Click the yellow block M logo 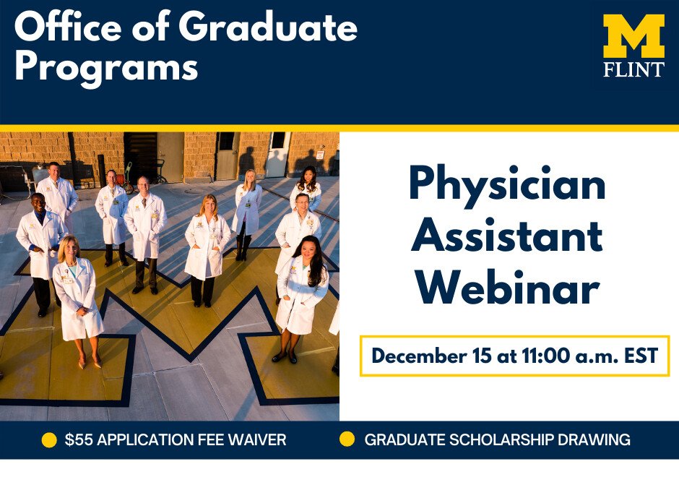[633, 36]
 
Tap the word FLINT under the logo [634, 69]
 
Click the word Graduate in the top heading [268, 27]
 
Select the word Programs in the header [106, 67]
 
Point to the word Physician [508, 184]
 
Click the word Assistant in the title [506, 236]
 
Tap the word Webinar [508, 288]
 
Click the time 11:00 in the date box [545, 356]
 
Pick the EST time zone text [641, 356]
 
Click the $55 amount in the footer [79, 439]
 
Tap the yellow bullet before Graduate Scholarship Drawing [347, 439]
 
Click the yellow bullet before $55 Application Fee [49, 440]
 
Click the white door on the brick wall [277, 154]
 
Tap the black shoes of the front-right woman [284, 357]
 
